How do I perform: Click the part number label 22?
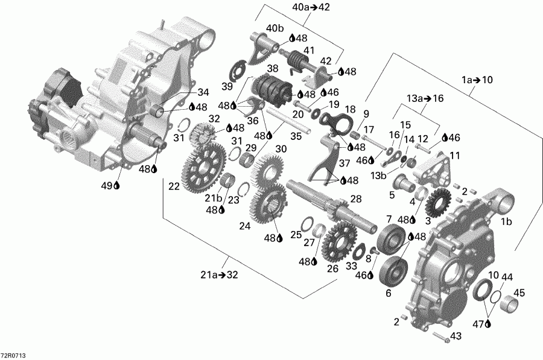tap(174, 187)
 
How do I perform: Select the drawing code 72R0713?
tap(14, 355)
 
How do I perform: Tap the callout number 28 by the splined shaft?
tap(356, 199)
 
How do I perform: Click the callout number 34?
tap(203, 92)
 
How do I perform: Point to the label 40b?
tap(275, 28)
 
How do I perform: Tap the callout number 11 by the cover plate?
tap(454, 155)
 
